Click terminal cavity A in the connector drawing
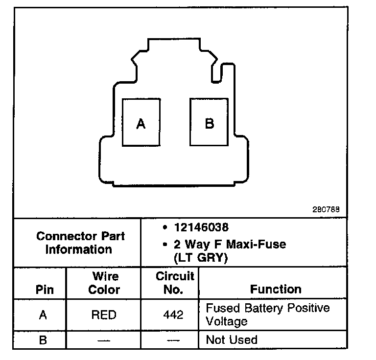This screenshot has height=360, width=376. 141,122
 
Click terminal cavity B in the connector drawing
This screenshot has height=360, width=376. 209,122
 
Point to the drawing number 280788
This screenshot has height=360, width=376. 326,209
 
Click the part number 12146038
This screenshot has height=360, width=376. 201,228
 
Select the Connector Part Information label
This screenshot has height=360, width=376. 80,243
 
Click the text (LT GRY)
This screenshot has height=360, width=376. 201,257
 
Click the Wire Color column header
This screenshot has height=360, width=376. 104,283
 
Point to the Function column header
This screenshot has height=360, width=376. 276,289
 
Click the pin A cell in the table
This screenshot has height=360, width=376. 43,315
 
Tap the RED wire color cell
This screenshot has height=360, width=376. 104,315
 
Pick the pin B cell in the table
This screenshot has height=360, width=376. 43,340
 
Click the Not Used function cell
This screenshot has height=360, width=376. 232,340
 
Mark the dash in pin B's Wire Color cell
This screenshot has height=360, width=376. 104,340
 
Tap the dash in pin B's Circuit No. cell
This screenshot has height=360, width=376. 173,340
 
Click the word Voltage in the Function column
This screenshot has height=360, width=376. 227,322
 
